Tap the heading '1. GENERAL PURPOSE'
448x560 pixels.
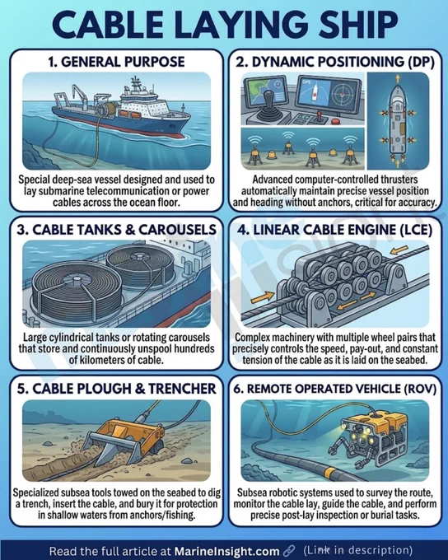tap(116, 62)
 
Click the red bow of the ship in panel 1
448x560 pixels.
tap(179, 133)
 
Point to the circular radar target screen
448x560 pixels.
tap(343, 94)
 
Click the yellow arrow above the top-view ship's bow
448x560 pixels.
tap(397, 78)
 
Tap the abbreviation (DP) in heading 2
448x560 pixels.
tap(422, 62)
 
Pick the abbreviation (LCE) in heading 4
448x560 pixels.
tap(414, 230)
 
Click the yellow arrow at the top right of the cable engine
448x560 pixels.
tap(399, 250)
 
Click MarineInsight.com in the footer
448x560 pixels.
tap(226, 550)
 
